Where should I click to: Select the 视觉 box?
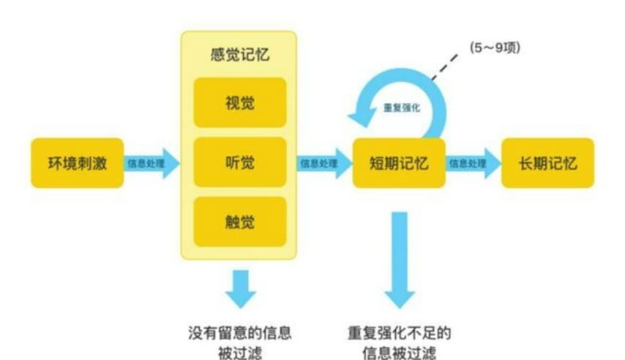coord(239,102)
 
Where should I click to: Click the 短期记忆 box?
coord(399,162)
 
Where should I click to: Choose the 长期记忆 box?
coord(547,162)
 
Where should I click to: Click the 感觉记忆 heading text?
coord(239,56)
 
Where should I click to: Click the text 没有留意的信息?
coord(239,333)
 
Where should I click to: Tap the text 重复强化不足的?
coord(399,333)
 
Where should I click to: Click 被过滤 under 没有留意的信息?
coord(239,353)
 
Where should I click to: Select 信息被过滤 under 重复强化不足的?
coord(399,353)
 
